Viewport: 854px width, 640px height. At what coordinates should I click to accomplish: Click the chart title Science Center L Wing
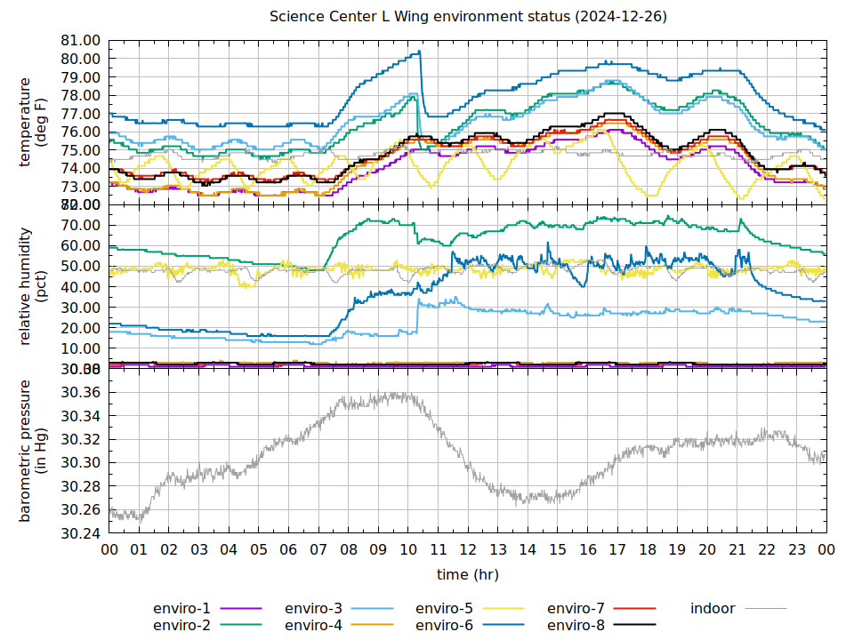point(468,17)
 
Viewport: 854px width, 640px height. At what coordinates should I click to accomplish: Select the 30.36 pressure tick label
point(80,393)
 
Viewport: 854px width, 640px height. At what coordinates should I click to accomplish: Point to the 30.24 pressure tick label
point(80,533)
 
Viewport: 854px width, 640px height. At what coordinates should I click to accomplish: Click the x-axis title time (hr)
point(468,575)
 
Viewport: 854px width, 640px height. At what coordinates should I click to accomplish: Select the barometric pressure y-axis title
point(33,451)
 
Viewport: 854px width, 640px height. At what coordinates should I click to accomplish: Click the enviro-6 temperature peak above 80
point(419,52)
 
